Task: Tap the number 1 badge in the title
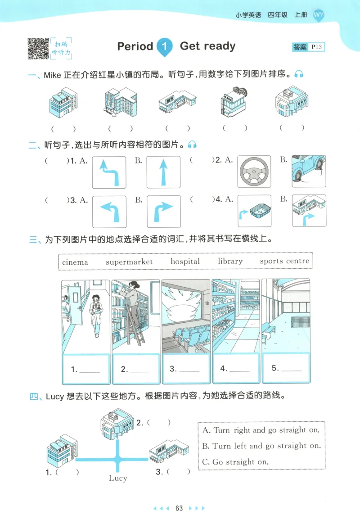coord(165,47)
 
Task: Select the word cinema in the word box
coord(75,262)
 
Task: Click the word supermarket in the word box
coord(129,262)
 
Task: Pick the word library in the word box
coord(230,261)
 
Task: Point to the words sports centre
coord(284,261)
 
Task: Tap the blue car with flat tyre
coord(309,171)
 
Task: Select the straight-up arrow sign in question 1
coord(163,172)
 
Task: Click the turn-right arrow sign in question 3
coord(163,211)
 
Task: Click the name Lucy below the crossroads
coord(118,478)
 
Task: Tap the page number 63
coord(179,508)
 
